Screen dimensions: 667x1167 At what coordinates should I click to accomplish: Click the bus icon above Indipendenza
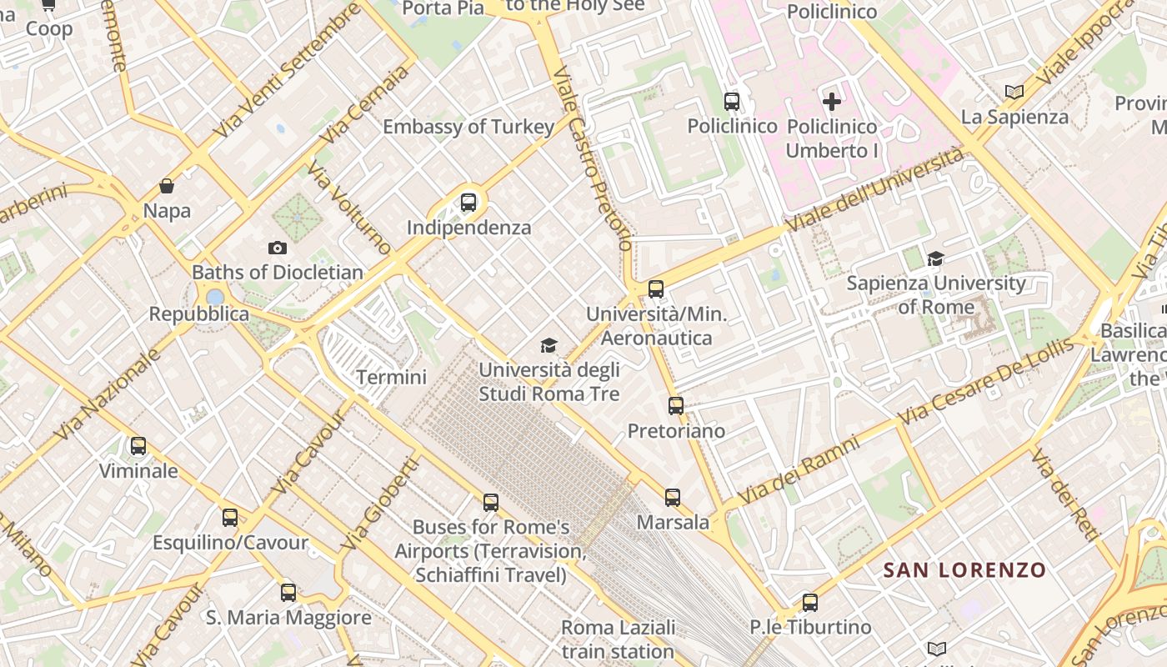point(468,202)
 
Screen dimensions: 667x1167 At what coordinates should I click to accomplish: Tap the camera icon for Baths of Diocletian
point(278,248)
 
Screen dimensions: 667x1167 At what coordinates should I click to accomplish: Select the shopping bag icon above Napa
point(167,185)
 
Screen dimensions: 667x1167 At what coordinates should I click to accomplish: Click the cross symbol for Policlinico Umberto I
point(832,102)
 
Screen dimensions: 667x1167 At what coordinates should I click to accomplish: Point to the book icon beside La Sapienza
point(1014,92)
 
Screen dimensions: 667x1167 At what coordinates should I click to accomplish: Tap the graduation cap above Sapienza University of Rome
point(935,258)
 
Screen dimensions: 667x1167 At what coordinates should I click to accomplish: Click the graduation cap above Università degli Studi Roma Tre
point(548,345)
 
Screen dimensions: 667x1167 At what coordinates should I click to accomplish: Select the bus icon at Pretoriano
point(676,406)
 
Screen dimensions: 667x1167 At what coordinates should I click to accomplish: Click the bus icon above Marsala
point(673,498)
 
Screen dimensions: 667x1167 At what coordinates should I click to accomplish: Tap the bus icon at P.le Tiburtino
point(810,602)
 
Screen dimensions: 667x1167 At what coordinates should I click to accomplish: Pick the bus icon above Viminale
point(138,446)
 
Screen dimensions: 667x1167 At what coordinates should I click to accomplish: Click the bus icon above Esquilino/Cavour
point(230,518)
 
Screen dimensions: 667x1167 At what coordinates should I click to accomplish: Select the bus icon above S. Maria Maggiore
point(288,593)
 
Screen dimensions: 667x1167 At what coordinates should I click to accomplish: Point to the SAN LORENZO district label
point(964,570)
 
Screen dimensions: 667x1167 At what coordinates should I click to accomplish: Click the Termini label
point(392,377)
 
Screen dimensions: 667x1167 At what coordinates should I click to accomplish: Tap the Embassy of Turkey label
point(468,127)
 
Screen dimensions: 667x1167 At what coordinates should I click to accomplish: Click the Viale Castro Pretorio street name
point(592,158)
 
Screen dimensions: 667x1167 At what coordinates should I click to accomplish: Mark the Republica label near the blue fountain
point(199,314)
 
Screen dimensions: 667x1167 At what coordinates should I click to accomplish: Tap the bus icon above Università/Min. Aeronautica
point(656,289)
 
